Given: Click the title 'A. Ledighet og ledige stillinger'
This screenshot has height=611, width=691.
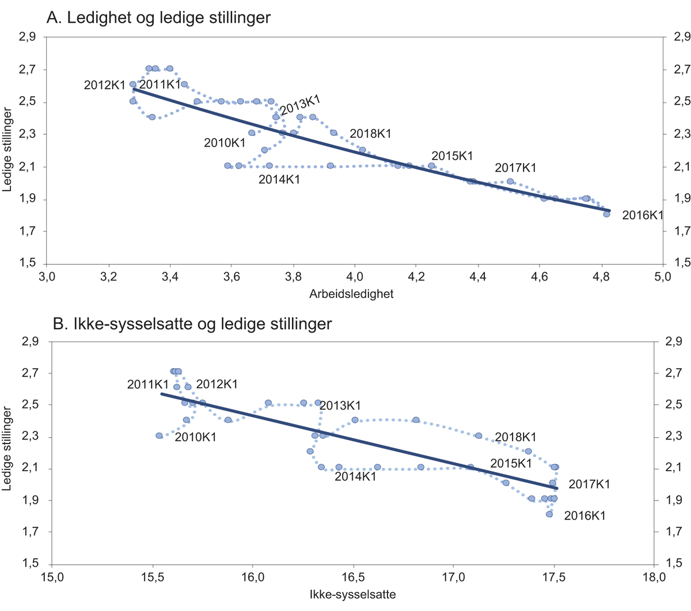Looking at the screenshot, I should (x=158, y=18).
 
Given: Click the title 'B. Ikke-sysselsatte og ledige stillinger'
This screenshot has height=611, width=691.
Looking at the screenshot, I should (x=192, y=324).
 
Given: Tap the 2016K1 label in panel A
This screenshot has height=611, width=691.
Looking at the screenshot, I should (x=643, y=216).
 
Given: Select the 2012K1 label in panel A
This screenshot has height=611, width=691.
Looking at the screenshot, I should (x=105, y=85).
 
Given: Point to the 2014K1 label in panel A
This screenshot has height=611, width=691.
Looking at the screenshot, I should (x=279, y=180).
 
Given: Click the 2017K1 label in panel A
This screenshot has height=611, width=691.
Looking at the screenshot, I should (x=515, y=168).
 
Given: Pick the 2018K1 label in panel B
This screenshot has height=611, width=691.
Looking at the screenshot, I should (x=515, y=437).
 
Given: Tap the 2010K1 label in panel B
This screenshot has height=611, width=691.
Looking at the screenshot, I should (x=196, y=437).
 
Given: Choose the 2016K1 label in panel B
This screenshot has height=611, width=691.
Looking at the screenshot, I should (x=585, y=515).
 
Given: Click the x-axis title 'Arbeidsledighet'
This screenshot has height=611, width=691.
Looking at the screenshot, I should (x=351, y=294).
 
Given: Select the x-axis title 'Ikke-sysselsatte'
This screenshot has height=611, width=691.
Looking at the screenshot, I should (x=352, y=594).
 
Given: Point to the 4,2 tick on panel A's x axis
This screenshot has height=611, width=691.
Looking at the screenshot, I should (x=416, y=277).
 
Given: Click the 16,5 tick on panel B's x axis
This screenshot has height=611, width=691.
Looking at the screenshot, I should (x=352, y=577).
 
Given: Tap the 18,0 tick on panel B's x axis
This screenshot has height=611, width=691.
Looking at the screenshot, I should (x=654, y=577).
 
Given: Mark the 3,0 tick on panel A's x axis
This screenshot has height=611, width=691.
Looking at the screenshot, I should (x=47, y=277).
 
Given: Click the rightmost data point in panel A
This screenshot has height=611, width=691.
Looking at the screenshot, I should (x=606, y=214).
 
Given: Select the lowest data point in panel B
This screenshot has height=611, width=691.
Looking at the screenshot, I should (x=549, y=514).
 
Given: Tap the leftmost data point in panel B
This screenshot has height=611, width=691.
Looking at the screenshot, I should (x=159, y=436).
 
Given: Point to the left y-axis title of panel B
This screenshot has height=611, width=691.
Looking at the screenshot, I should (x=7, y=449).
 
